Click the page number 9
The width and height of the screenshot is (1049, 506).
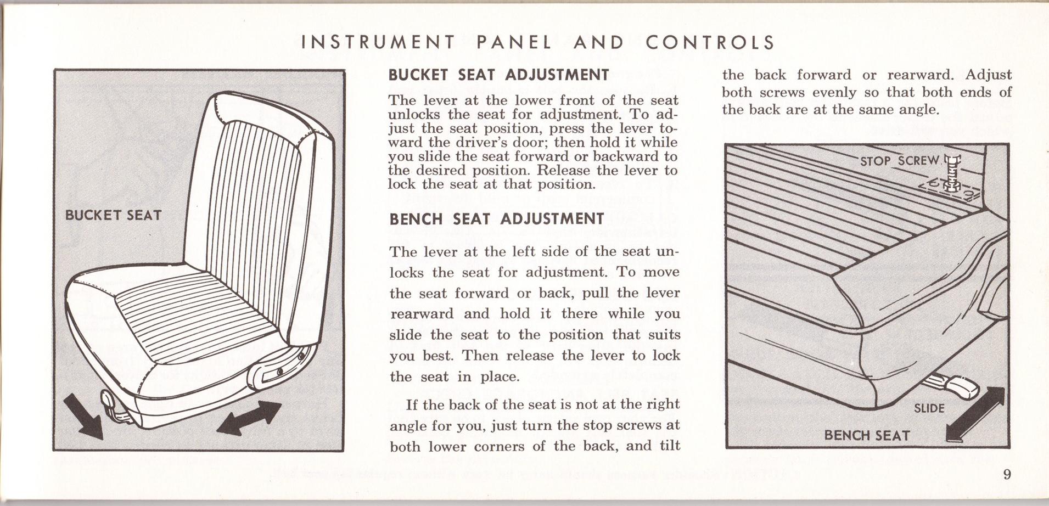1007,474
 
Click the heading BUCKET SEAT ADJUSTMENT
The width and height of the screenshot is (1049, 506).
498,75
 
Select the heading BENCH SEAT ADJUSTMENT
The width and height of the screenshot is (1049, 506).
496,219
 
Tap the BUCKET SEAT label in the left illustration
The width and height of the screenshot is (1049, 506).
113,215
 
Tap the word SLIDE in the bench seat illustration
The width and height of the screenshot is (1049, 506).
929,408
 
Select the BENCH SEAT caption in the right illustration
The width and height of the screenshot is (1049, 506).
867,435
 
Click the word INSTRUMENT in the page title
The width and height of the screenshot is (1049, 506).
378,43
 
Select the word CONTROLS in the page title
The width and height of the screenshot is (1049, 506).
710,43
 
